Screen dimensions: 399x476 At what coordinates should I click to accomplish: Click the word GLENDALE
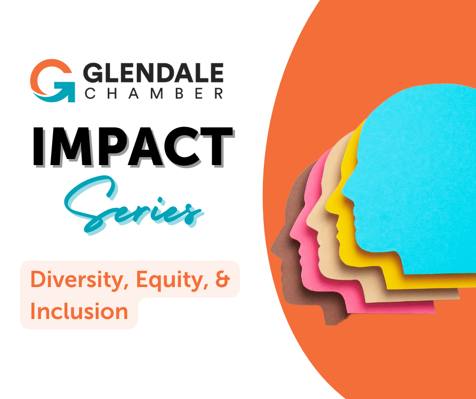[x=153, y=74]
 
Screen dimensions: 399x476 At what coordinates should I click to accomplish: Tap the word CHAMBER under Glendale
[x=153, y=94]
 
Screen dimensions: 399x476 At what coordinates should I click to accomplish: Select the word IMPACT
[x=133, y=147]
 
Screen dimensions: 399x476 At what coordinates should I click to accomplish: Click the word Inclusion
[x=79, y=311]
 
